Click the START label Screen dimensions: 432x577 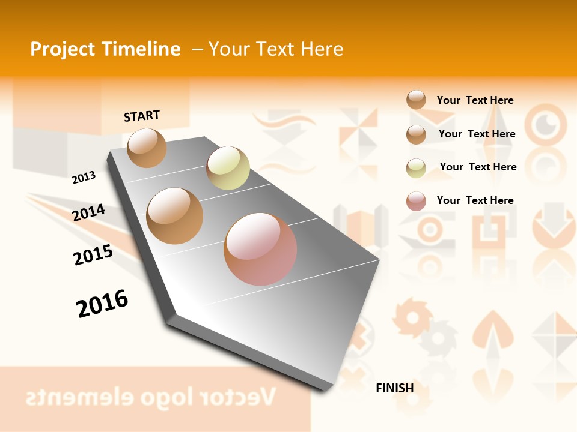coord(142,116)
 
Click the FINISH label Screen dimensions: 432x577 coord(394,388)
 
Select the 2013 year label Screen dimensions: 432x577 coord(84,178)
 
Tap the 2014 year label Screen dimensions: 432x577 coord(88,212)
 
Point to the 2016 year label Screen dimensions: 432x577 coord(102,304)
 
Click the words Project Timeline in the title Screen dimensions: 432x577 coord(105,49)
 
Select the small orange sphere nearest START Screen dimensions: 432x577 coord(147,148)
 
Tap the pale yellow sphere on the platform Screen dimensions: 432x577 coord(228,168)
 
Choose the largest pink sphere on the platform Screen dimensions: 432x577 coord(260,248)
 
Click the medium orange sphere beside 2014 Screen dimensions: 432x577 coord(175,215)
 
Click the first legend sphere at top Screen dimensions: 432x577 coord(416,100)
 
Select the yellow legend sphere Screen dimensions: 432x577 coord(416,167)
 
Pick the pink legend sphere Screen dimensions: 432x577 coord(416,201)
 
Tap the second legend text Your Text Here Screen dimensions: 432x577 coord(477,134)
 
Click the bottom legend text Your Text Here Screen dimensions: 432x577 coord(475,200)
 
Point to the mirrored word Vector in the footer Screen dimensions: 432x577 coord(241,397)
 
